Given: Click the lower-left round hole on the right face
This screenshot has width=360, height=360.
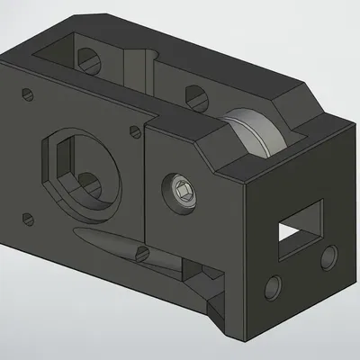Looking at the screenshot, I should [x=272, y=288].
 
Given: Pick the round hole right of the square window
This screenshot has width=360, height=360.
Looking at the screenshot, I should [x=328, y=258].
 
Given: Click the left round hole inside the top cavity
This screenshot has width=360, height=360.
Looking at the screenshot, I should [x=88, y=60].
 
